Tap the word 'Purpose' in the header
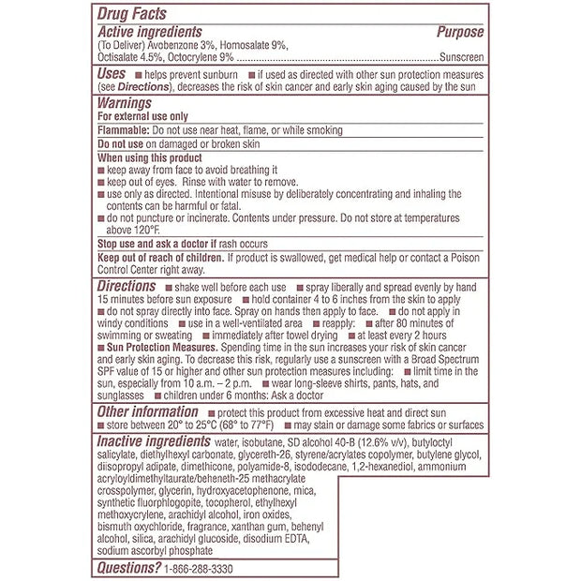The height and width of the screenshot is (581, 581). pos(460,32)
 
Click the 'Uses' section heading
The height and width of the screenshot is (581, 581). pos(112,72)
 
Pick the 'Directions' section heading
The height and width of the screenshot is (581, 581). pos(127,285)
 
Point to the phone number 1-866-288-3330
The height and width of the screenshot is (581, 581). pos(200,569)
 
